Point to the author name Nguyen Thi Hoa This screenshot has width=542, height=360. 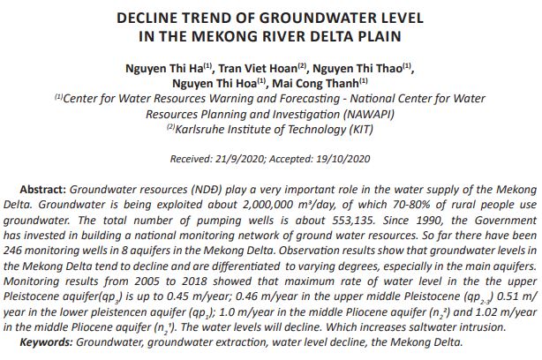pos(226,84)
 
